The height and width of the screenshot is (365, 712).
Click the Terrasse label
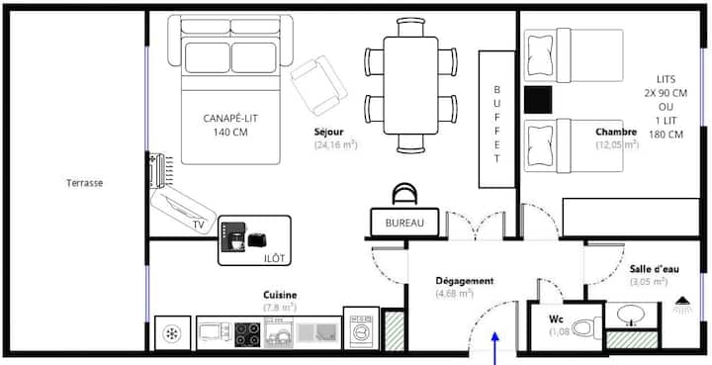pos(84,183)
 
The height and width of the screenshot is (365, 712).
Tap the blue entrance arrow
pos(495,348)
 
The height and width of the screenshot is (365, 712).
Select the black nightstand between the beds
pos(538,100)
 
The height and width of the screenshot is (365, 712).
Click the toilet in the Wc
pos(586,327)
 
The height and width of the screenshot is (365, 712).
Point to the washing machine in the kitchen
pos(362,328)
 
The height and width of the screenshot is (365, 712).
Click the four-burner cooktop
pos(247,334)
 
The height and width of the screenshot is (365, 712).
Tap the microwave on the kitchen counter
pos(214,332)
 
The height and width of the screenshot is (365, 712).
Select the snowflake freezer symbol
pos(172,334)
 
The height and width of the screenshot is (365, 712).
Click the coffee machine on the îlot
pos(233,237)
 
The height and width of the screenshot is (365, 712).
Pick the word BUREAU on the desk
pos(404,223)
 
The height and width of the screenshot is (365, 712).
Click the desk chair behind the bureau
pos(404,194)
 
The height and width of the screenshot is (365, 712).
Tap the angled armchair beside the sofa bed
pos(318,86)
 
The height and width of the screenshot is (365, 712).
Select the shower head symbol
pos(681,305)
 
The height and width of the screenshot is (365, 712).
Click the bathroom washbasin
pos(631,315)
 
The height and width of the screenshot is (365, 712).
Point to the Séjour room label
pos(328,132)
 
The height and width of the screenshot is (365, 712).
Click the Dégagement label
pos(465,281)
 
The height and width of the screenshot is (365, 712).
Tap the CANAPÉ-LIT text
pos(230,119)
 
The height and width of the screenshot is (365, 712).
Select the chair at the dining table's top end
pos(411,28)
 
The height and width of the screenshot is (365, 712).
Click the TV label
pos(199,225)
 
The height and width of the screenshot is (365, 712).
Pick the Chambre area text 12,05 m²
pos(617,144)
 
